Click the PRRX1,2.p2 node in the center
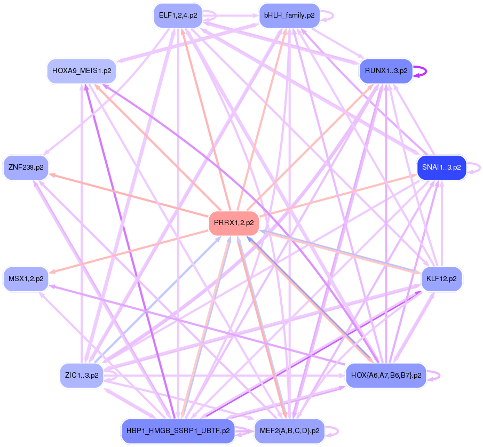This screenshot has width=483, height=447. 233,223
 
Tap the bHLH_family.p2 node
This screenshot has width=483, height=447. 289,15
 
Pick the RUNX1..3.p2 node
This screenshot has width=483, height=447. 386,70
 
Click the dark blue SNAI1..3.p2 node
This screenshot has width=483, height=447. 441,167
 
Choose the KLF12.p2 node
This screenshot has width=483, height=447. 441,279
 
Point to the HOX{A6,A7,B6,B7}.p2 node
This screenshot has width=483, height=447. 386,376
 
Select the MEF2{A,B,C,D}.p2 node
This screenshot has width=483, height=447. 289,430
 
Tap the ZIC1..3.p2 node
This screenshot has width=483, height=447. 80,376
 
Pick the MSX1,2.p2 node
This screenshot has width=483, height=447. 26,278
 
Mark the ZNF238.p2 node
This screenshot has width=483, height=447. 26,167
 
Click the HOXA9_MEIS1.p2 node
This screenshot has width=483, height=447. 82,70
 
